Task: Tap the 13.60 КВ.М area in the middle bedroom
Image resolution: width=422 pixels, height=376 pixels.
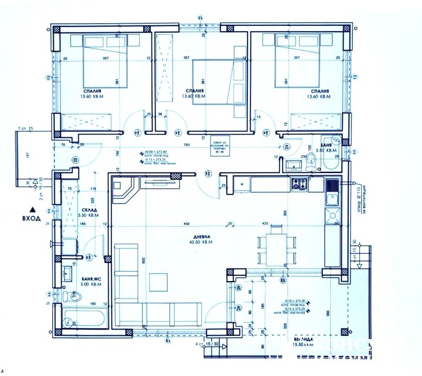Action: pos(193,97)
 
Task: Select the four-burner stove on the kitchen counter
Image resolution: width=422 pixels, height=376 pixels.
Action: pos(300,184)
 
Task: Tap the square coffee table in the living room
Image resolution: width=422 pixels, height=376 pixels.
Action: pos(159,282)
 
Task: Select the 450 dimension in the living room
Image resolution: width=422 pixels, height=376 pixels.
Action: pos(186,225)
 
